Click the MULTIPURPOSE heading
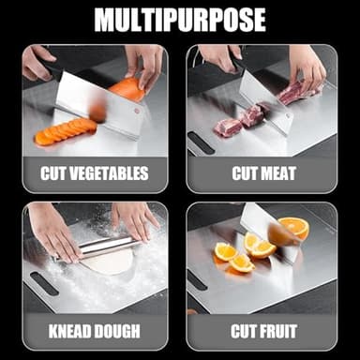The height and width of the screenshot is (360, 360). pos(179,20)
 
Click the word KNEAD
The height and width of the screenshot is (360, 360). pos(66,331)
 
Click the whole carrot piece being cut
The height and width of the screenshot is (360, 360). pos(127,90)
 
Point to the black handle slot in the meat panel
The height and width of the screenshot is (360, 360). pos(199,142)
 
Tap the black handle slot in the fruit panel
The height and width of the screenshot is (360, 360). pos(197,279)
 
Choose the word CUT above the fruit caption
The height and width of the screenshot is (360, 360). pos(243,331)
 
